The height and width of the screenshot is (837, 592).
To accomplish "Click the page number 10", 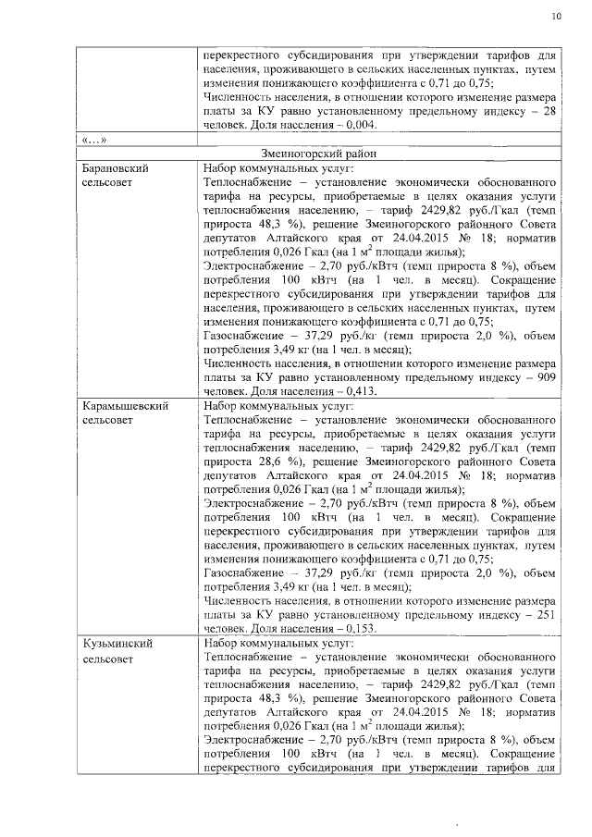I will [555, 16].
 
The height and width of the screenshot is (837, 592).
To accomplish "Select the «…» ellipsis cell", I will [94, 140].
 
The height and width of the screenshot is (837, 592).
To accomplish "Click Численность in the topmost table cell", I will [240, 97].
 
